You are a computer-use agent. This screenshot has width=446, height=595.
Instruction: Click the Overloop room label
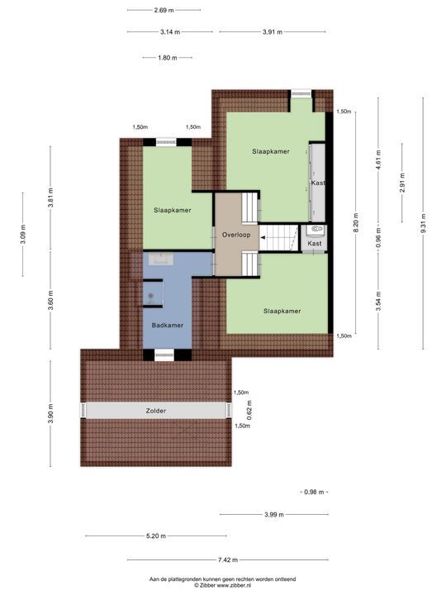236,235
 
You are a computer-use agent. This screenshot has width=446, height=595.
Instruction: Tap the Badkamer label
167,326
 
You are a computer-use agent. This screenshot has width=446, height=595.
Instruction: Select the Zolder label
156,411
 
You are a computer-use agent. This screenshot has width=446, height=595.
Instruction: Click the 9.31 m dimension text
423,224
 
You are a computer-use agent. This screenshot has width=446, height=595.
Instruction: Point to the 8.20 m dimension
356,223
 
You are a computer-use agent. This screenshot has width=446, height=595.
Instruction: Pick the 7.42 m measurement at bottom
228,559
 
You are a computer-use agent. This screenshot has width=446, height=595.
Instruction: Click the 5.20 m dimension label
156,536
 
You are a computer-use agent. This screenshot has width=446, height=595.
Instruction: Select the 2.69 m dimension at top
164,10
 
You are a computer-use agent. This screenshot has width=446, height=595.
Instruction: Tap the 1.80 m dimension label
167,58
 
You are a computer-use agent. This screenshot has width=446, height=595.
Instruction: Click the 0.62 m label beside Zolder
249,411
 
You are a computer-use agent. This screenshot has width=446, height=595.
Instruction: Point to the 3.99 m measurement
274,515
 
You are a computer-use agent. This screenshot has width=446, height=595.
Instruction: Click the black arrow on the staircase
263,238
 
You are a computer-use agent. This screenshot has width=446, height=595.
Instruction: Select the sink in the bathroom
161,259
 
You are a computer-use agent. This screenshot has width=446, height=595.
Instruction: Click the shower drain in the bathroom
151,296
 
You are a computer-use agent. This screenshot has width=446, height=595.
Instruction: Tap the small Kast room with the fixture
315,238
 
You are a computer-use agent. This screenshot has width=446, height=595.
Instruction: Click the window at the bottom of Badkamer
164,355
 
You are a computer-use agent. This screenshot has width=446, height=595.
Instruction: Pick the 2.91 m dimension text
402,183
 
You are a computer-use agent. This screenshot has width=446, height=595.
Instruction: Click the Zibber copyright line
222,586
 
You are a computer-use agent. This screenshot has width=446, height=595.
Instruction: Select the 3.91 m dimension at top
273,32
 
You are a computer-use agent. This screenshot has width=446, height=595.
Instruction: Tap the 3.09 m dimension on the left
23,235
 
